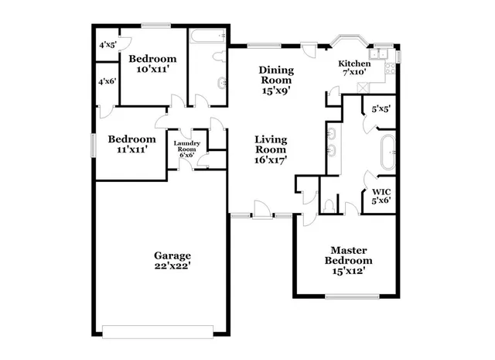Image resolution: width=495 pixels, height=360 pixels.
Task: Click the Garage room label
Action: [x=172, y=255]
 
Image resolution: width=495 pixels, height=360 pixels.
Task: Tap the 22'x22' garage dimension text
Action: [x=172, y=266]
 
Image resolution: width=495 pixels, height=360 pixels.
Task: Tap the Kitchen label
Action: [x=355, y=63]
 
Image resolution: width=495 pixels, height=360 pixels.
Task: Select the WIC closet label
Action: [x=381, y=190]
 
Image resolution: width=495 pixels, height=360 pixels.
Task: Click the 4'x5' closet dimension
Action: [x=107, y=45]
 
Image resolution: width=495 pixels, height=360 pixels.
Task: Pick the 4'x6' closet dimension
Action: [x=107, y=81]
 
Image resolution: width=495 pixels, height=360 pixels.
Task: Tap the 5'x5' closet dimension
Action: [x=381, y=109]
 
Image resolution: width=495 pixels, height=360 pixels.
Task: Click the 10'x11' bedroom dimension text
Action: [x=152, y=70]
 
